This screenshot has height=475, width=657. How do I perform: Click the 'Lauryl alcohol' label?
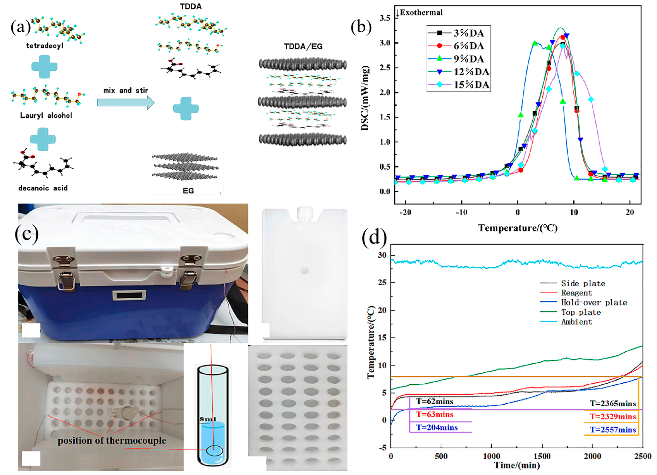click(x=46, y=116)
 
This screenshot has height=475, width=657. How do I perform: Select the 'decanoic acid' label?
click(x=43, y=188)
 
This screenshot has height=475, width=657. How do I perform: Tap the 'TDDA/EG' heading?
click(x=303, y=46)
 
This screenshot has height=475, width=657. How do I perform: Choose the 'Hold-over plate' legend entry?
click(x=594, y=303)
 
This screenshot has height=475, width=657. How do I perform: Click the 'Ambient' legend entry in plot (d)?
click(x=576, y=322)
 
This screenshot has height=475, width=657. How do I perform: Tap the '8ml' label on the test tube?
click(x=208, y=419)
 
